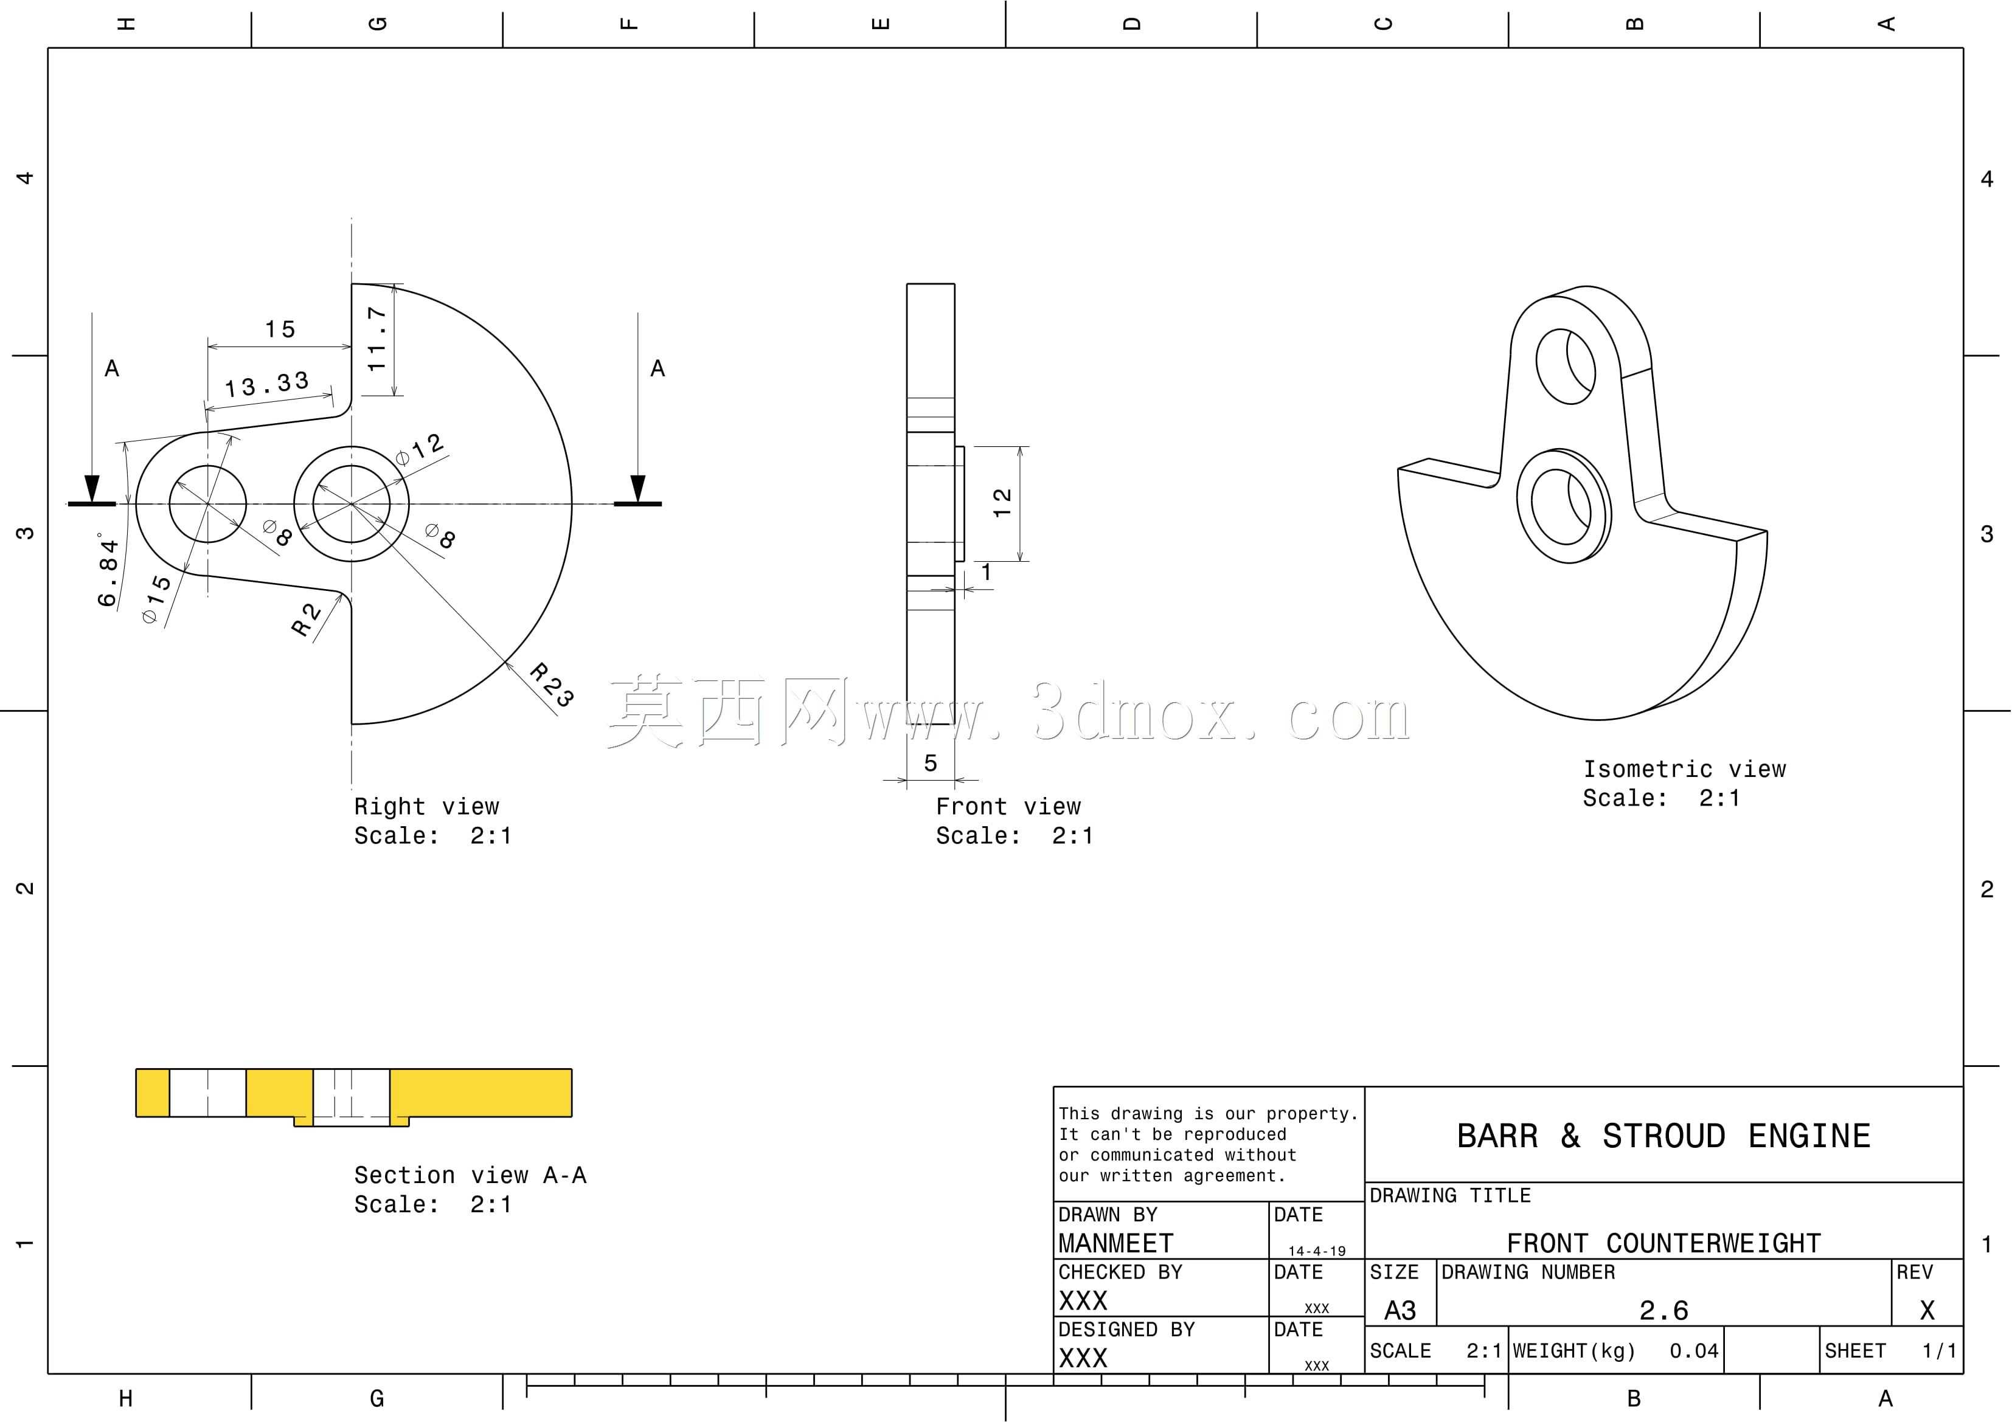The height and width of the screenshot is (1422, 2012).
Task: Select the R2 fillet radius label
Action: point(306,620)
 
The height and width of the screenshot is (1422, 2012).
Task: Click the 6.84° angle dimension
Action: point(108,570)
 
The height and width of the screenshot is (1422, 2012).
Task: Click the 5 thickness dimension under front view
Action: point(931,763)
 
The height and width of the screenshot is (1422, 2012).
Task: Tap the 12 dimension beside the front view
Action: point(1002,503)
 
